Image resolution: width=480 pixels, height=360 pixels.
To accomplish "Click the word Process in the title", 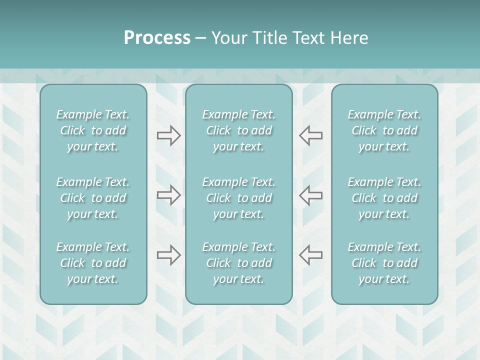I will tap(157, 38).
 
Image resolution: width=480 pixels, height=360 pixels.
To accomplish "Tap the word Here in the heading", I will tap(349, 38).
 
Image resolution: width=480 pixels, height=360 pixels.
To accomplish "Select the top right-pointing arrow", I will tap(169, 135).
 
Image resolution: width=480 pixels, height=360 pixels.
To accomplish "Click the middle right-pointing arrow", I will tap(169, 195).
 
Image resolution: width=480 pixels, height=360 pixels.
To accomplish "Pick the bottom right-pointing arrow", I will tap(169, 255).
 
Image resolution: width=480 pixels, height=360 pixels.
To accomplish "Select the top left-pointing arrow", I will tap(310, 135).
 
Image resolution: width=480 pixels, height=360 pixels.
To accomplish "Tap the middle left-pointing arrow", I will tap(310, 195).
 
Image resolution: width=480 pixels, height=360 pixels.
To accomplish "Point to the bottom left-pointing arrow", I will tap(310, 255).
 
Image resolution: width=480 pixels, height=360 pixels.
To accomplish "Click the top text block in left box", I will tap(93, 130).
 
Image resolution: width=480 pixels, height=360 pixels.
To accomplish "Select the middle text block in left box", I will tap(93, 198).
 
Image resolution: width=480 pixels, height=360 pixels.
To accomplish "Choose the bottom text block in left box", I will tap(93, 263).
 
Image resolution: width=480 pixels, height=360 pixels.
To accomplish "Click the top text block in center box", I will tap(239, 130).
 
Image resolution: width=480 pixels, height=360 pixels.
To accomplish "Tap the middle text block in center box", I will tap(239, 198).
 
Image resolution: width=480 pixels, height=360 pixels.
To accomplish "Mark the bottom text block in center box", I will tap(239, 263).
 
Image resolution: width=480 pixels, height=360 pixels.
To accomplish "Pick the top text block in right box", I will tap(384, 130).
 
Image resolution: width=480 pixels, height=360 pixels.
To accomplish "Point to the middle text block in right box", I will tap(384, 198).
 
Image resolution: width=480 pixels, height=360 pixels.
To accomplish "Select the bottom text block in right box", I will tap(384, 263).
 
